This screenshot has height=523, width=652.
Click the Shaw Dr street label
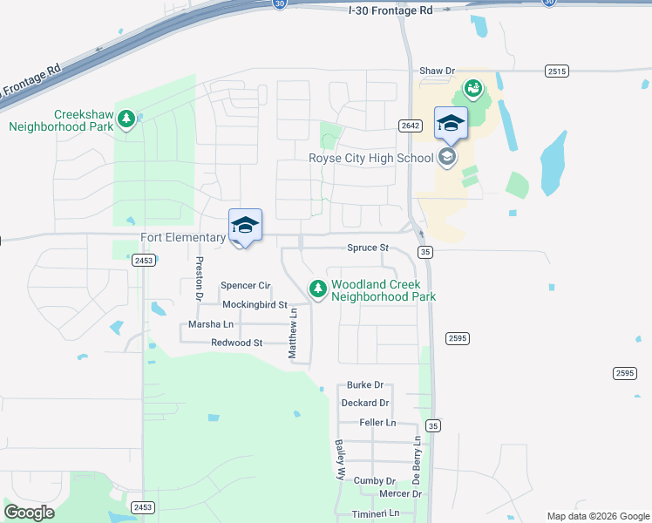click(438, 70)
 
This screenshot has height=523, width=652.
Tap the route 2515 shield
click(556, 70)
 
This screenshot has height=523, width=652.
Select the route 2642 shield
click(411, 126)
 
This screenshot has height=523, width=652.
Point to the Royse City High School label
click(371, 158)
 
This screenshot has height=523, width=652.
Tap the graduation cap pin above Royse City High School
click(451, 123)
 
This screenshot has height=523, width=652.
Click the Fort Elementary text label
click(183, 237)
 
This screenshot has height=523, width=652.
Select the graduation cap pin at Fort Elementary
click(245, 226)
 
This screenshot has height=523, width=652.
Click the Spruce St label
click(368, 248)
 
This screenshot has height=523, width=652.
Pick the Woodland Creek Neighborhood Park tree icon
click(318, 288)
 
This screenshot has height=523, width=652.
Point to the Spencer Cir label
click(246, 286)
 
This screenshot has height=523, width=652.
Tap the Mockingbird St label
click(255, 304)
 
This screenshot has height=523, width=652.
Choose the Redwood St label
click(237, 343)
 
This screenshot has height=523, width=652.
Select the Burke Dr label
click(365, 384)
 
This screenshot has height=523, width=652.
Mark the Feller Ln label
click(377, 423)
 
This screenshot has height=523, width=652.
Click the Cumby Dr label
click(375, 480)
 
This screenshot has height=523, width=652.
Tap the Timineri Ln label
click(375, 513)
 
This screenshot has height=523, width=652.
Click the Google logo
click(29, 513)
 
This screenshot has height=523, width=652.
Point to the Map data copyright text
click(597, 516)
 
